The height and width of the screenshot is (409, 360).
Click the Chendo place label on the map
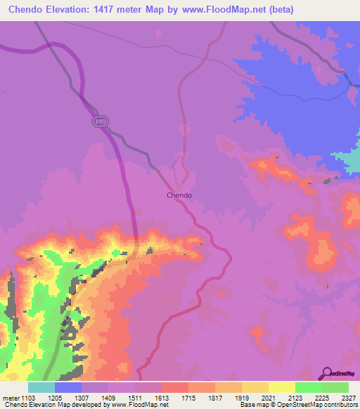click(179, 195)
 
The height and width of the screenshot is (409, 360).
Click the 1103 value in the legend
click(27, 398)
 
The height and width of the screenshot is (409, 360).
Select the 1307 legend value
click(95, 398)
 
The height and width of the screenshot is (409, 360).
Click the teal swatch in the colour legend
click(41, 387)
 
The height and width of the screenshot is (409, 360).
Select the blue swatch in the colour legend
click(68, 387)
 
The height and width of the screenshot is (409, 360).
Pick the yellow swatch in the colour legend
click(282, 387)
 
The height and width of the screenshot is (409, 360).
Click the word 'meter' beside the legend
click(10, 398)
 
